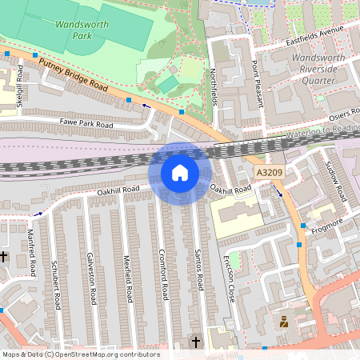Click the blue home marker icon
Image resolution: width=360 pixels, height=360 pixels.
coord(180,172)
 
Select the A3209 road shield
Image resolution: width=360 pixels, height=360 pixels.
coord(268,173)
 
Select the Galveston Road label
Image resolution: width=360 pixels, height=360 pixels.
coord(93,276)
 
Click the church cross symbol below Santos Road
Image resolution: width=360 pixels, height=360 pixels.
coord(196,342)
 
